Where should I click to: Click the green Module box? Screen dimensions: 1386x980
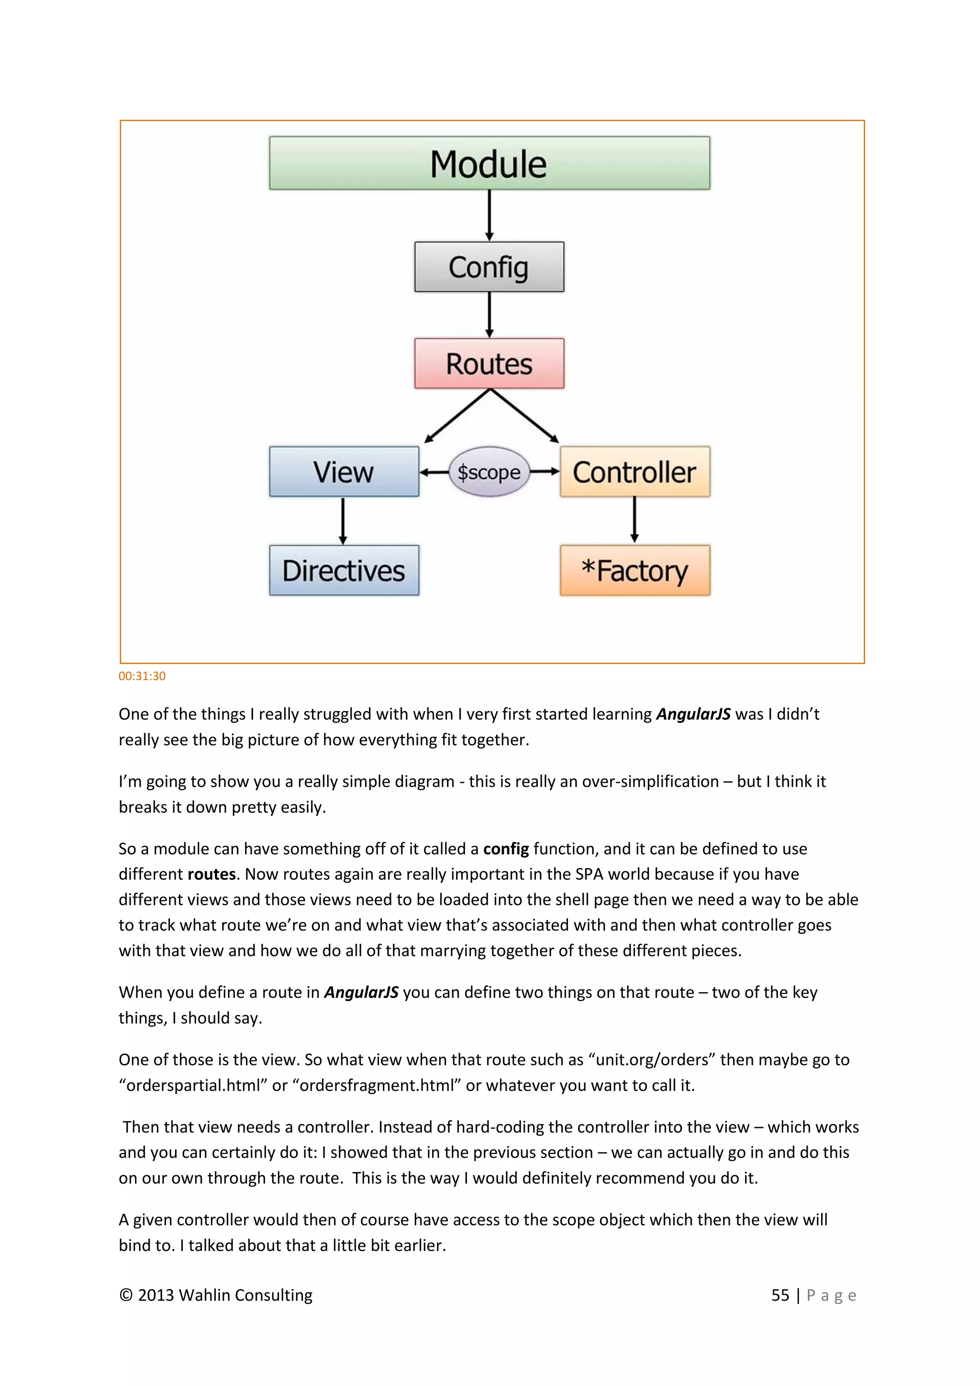(490, 163)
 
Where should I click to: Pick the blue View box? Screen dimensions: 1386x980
(344, 471)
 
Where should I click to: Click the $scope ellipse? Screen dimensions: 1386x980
(489, 472)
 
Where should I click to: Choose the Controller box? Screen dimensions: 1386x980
(635, 471)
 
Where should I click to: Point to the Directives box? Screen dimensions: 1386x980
(344, 570)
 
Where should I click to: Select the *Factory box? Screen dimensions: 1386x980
(635, 570)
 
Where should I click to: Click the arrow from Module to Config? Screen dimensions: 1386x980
(490, 215)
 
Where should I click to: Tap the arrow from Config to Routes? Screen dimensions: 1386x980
(490, 314)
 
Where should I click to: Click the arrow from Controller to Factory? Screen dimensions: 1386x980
(634, 520)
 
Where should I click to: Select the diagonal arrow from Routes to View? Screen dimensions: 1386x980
(457, 416)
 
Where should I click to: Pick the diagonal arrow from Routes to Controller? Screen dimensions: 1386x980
(524, 416)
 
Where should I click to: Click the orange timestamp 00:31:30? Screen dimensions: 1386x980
(142, 676)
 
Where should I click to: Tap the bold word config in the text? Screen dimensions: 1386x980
(506, 849)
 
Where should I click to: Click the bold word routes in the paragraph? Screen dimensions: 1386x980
(211, 874)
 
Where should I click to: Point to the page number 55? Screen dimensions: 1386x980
(780, 1295)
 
